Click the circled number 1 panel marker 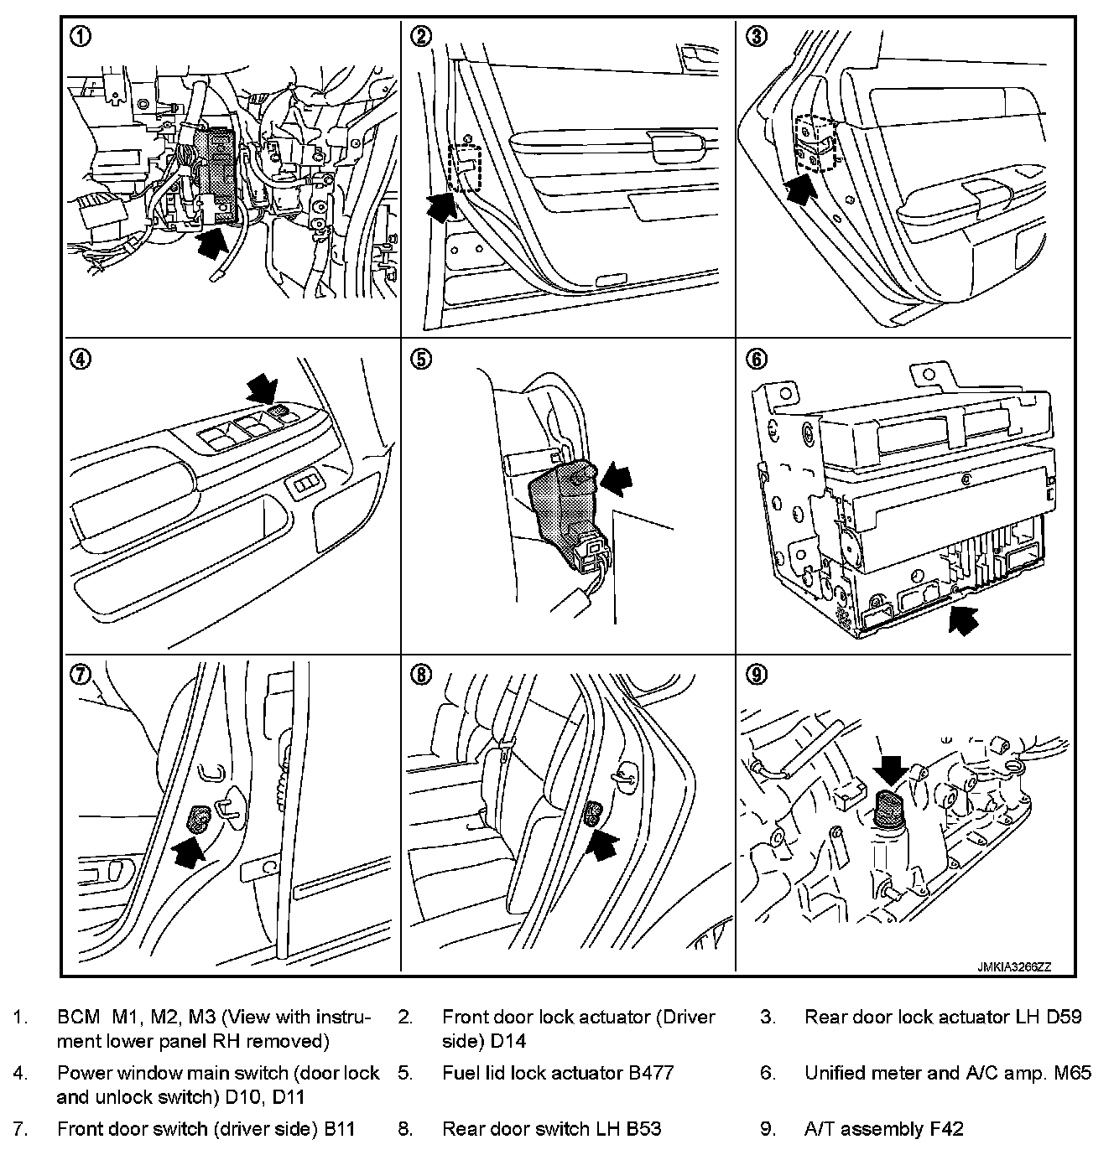pyautogui.click(x=82, y=37)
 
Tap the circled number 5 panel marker pyautogui.click(x=421, y=360)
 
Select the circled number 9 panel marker pyautogui.click(x=757, y=675)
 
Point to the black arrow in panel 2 pyautogui.click(x=440, y=206)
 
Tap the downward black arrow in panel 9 pyautogui.click(x=890, y=769)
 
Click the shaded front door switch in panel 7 pyautogui.click(x=200, y=817)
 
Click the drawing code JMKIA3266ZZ pyautogui.click(x=1013, y=966)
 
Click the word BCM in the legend pyautogui.click(x=78, y=1018)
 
